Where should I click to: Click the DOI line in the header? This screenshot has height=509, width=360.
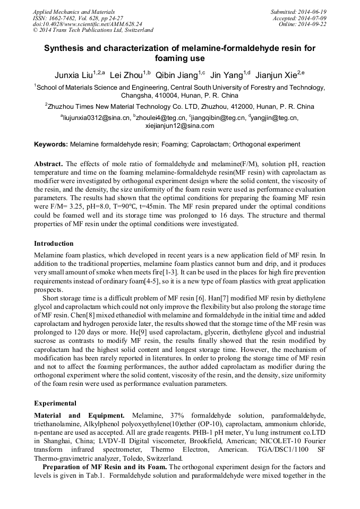(x=87, y=24)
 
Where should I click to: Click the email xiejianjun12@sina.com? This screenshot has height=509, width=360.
(x=179, y=126)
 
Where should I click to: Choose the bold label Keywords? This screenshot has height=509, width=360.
(x=51, y=144)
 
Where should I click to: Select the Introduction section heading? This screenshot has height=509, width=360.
(x=54, y=244)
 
